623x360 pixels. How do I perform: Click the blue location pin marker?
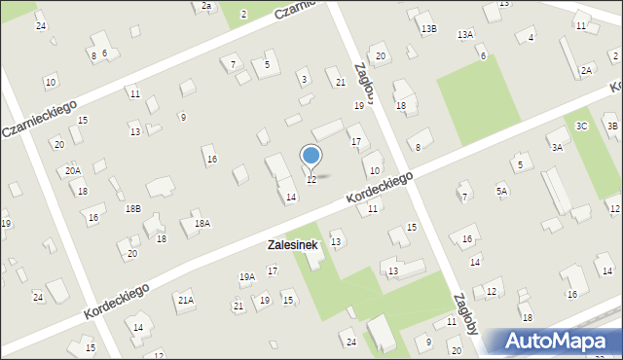pos(311,156)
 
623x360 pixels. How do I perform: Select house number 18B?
pos(132,209)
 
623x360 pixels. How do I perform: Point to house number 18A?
pos(202,224)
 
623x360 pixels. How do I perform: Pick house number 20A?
pos(73,170)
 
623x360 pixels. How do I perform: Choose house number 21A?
pos(185,300)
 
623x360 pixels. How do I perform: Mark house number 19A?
pos(247,277)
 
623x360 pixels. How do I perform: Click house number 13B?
pos(429,29)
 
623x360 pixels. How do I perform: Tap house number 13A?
pos(465,35)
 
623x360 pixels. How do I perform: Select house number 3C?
pos(581,126)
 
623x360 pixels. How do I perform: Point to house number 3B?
pos(612,126)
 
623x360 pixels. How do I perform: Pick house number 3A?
pos(557,147)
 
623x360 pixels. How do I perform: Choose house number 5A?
pos(501,192)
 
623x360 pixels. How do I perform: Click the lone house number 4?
pos(531,38)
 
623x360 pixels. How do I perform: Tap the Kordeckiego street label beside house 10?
pos(379,188)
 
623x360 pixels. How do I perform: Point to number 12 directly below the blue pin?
pos(311,180)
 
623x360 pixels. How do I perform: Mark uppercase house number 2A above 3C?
pos(586,70)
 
